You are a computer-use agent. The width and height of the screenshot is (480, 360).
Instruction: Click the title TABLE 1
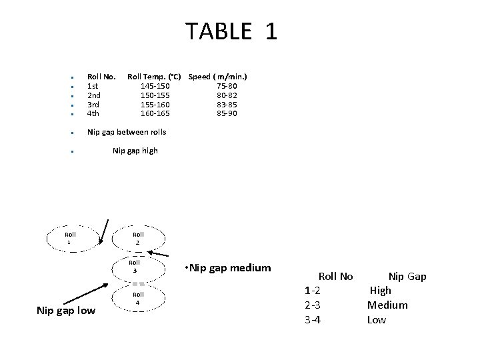(231, 31)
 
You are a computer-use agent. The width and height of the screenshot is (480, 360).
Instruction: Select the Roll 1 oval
(71, 238)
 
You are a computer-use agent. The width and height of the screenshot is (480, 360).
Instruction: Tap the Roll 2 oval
(138, 238)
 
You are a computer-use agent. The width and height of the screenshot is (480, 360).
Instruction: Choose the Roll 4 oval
(138, 298)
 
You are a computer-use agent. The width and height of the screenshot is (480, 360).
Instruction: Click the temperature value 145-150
(155, 85)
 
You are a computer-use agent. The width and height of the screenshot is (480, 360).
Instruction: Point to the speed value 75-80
(227, 85)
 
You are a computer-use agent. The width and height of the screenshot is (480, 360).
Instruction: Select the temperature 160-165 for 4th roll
(155, 113)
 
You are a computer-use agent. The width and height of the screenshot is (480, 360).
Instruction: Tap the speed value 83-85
(227, 104)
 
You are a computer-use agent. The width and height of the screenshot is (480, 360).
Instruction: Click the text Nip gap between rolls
(127, 132)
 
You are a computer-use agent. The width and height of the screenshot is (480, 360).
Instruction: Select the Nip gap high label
(135, 151)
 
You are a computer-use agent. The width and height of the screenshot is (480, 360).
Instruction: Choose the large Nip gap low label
(66, 310)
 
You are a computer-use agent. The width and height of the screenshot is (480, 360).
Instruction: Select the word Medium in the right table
(387, 305)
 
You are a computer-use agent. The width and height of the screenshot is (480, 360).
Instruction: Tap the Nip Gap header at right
(407, 276)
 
